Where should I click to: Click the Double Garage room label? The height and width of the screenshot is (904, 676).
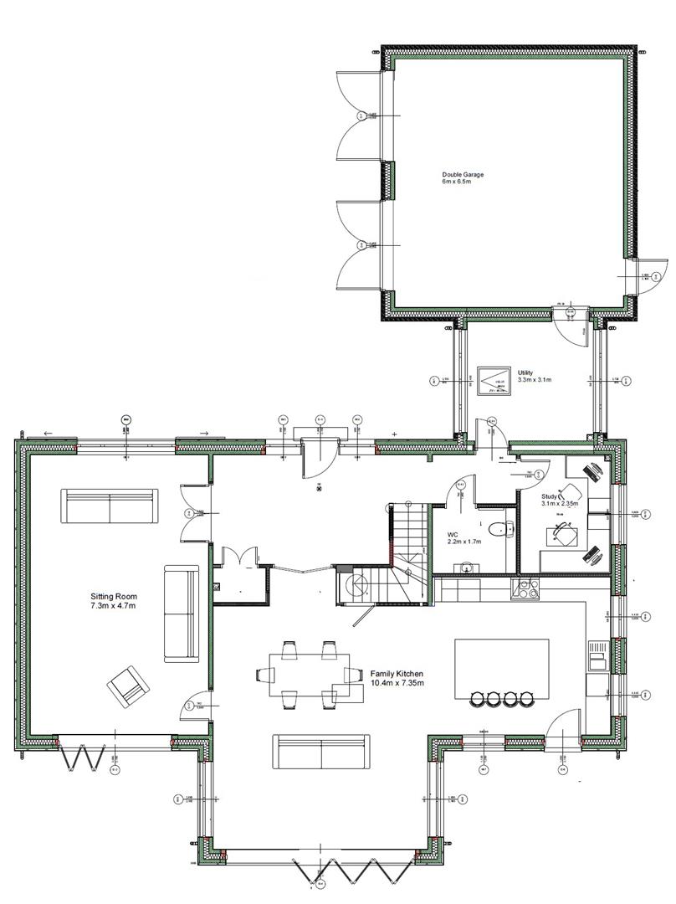click(x=463, y=175)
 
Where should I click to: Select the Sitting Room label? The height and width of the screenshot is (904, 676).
click(x=114, y=597)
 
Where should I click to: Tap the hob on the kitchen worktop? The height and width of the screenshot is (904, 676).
click(x=527, y=588)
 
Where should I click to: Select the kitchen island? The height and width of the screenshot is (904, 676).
click(x=501, y=669)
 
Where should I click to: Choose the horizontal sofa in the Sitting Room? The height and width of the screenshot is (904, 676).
click(x=109, y=506)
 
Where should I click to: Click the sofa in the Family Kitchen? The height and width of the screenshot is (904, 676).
click(x=321, y=752)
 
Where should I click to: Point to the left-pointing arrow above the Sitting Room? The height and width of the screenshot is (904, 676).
click(x=47, y=434)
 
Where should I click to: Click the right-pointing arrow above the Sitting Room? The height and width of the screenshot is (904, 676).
click(x=203, y=434)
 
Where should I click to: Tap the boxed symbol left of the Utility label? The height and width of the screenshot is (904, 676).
click(x=493, y=380)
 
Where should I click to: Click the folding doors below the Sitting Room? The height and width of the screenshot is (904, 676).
click(x=83, y=757)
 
